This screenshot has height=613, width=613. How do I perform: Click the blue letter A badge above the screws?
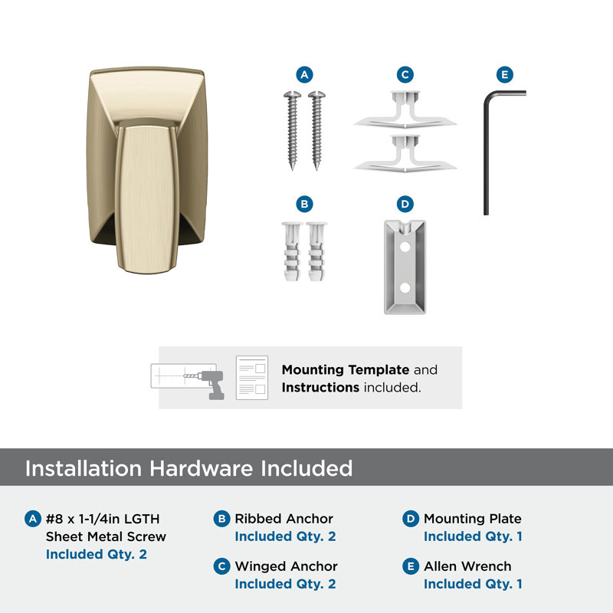point(304,74)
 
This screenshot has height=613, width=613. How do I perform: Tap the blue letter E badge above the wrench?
point(505,74)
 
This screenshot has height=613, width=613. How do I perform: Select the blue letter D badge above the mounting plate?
point(405,204)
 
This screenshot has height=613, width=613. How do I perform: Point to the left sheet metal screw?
point(292,130)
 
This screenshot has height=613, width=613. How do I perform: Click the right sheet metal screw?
point(316,130)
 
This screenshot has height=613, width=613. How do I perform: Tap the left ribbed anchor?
point(292,251)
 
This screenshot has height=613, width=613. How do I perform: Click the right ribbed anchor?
point(316,251)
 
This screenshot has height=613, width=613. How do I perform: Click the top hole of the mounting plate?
point(405,247)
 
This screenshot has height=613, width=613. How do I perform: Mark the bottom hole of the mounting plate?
point(405,288)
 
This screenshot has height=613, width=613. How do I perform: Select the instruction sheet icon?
point(252,378)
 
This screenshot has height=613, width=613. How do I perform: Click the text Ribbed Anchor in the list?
point(284,519)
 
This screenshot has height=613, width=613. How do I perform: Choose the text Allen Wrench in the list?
point(467,566)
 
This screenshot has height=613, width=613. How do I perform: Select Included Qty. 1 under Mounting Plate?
point(473,537)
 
